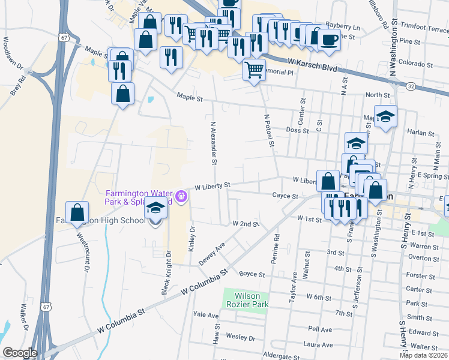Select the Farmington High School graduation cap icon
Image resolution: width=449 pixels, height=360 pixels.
[x=155, y=208]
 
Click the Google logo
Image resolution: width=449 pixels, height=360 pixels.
[x=20, y=353]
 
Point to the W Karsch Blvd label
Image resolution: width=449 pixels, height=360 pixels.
[x=312, y=62]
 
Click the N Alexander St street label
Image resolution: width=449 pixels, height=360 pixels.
[x=212, y=143]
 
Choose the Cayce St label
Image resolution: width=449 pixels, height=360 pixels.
[x=285, y=196]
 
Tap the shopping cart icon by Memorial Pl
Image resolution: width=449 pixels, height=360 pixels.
[x=254, y=70]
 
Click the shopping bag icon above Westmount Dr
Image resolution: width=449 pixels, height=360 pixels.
[x=77, y=212]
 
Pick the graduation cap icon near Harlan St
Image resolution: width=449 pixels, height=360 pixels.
[x=385, y=115]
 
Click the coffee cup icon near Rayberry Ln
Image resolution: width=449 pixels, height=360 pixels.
[x=328, y=39]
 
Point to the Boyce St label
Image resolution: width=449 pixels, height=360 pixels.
[x=252, y=274]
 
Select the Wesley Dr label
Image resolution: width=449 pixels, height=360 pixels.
[x=243, y=337]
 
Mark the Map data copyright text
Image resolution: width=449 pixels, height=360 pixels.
[x=423, y=355]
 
